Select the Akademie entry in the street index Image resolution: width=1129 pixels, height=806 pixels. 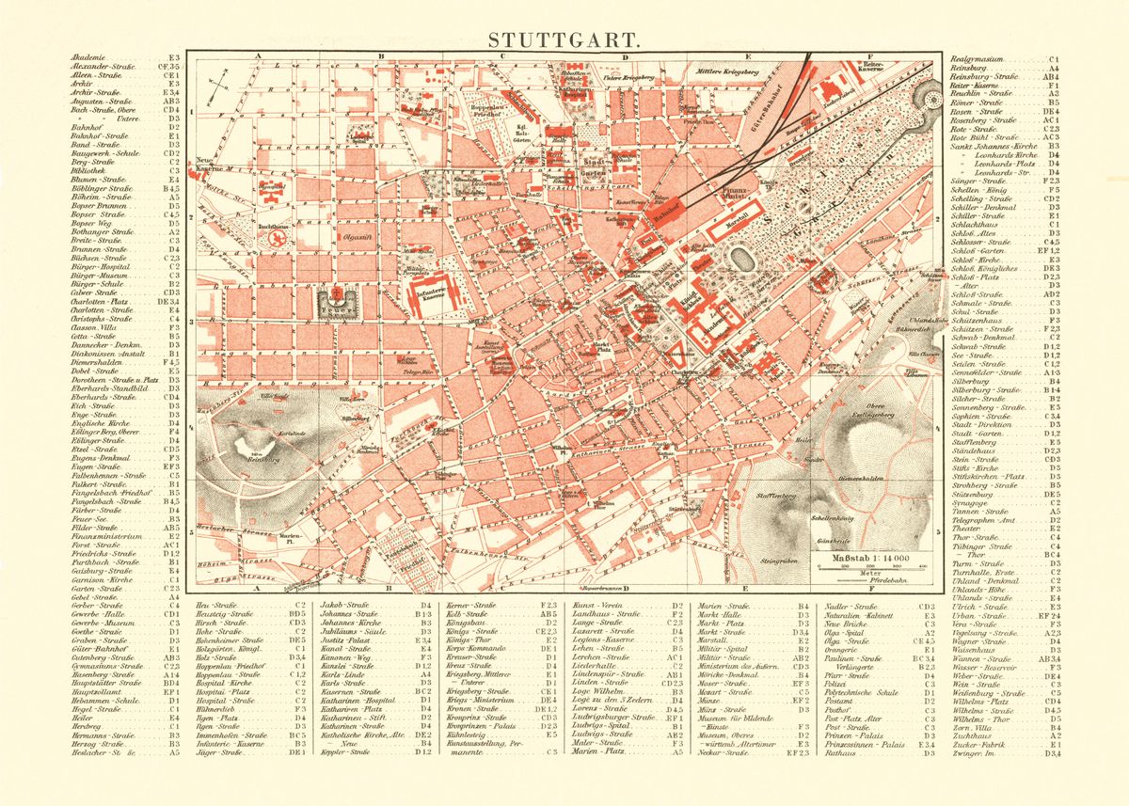click(88, 58)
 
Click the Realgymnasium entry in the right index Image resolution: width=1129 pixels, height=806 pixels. click(983, 58)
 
